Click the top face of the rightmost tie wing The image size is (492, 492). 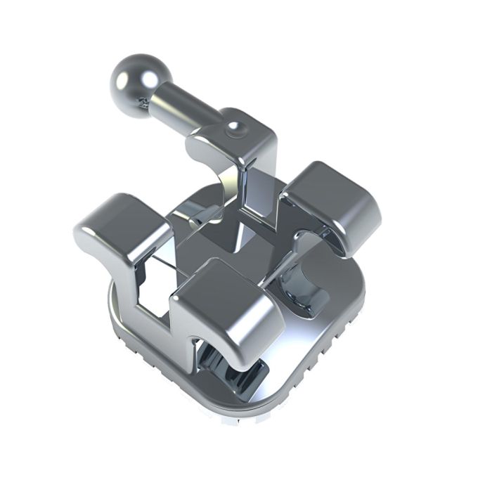(x=330, y=190)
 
